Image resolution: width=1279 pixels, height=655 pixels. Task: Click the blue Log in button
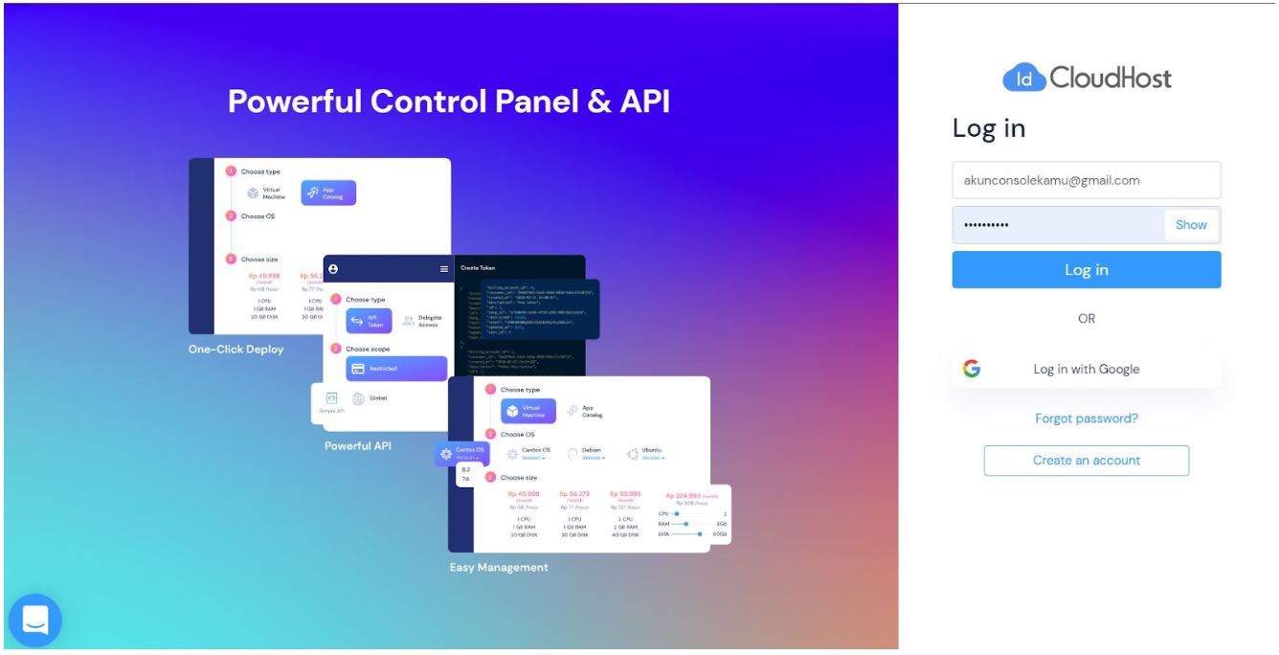pos(1086,270)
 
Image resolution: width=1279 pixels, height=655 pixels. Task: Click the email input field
pos(1086,180)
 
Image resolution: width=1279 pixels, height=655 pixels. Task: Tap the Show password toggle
pos(1191,225)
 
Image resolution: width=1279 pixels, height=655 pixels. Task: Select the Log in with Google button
pos(1086,369)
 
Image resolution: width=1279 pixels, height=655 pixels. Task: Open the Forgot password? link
pos(1086,418)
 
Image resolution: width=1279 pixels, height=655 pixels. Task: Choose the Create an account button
pos(1086,461)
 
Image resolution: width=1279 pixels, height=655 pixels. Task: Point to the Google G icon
pos(972,369)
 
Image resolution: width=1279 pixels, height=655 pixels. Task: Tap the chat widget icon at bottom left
pos(35,620)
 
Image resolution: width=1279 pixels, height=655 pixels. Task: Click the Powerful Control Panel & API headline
pos(449,102)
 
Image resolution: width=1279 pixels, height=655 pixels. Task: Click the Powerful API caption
pos(358,445)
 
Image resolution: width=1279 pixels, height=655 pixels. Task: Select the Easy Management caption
pos(499,568)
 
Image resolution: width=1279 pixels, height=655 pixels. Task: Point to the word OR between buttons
pos(1086,319)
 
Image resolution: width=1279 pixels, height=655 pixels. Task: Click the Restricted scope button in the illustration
pos(396,369)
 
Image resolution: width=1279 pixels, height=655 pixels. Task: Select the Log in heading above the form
pos(989,128)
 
